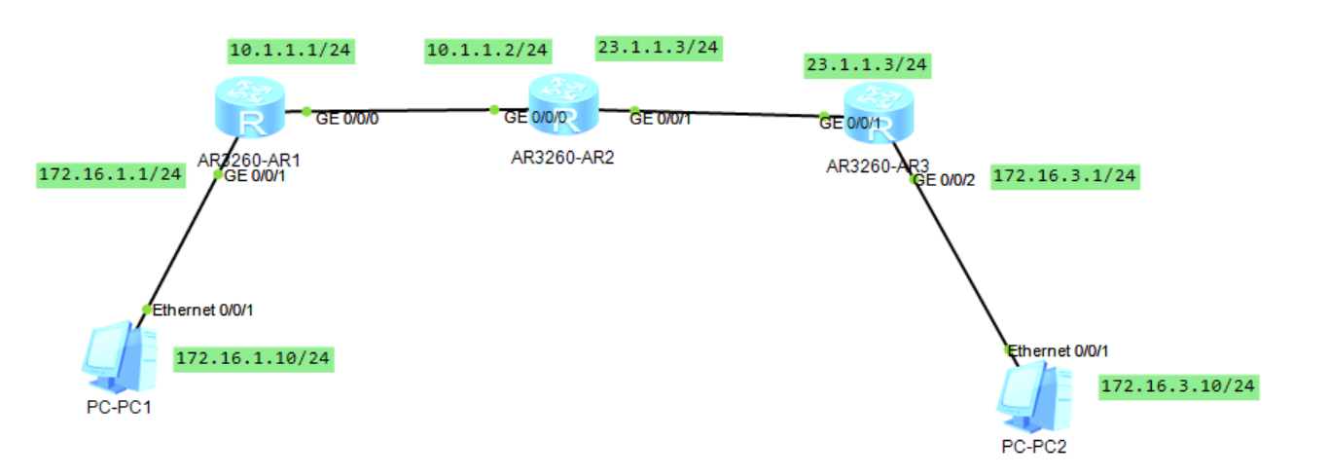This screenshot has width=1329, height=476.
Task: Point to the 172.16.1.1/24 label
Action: tap(110, 175)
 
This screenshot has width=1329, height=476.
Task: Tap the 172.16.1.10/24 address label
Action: tap(253, 359)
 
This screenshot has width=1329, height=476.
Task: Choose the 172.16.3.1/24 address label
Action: tap(1064, 177)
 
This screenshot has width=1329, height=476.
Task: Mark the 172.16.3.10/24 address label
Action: tap(1178, 387)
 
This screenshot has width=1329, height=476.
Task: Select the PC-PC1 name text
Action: tap(119, 407)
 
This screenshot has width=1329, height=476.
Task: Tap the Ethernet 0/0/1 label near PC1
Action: tap(203, 310)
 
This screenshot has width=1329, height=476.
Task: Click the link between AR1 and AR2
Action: tap(399, 110)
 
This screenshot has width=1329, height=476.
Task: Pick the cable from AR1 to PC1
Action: tap(182, 243)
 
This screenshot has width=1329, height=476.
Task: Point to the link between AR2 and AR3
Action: tap(730, 113)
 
